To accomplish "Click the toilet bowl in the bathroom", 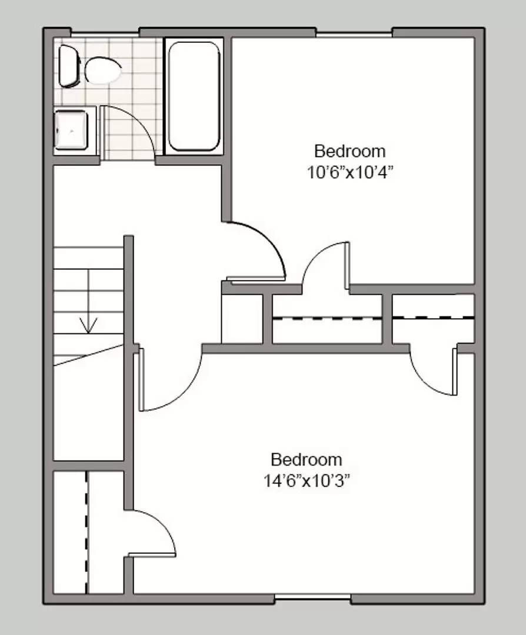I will pos(103,71).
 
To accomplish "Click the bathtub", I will pos(194,96).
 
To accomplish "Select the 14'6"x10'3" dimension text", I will pos(307,481).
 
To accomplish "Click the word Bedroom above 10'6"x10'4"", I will pos(349,151).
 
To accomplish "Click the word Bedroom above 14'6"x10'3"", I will pos(306,459).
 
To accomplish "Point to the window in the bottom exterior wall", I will pos(312,599).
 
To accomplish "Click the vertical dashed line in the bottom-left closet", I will pos(87,532).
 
